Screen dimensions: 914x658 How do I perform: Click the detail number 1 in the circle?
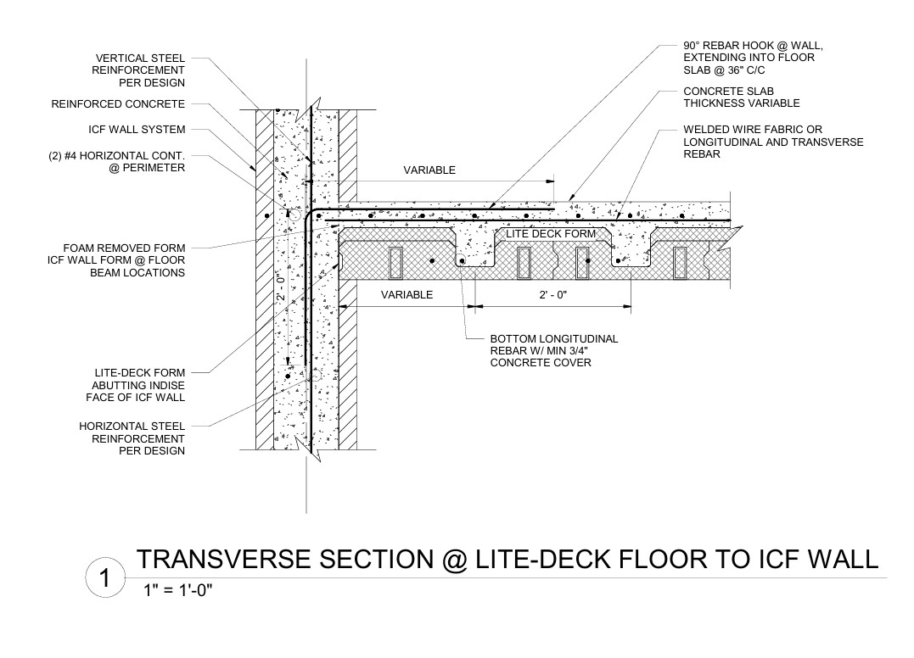point(105,578)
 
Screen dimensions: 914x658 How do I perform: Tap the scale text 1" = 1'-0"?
point(177,591)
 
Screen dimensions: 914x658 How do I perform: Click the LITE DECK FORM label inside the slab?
point(551,234)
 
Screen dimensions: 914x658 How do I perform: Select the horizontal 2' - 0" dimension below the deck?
point(553,295)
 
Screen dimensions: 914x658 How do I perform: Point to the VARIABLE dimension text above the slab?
point(429,170)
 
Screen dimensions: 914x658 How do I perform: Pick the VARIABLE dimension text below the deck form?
point(407,294)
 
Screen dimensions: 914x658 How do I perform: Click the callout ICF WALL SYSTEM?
point(137,129)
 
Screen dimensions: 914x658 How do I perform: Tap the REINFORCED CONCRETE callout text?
point(118,104)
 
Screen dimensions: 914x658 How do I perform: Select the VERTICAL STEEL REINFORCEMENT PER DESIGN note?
point(138,70)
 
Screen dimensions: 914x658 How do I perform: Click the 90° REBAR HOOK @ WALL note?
point(753,58)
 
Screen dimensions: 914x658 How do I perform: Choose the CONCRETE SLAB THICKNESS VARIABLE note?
point(742,98)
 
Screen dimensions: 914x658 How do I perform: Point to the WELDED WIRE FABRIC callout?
point(773,142)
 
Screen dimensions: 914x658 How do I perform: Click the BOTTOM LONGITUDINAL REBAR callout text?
point(554,350)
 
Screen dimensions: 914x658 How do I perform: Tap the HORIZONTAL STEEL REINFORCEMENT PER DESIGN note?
point(132,438)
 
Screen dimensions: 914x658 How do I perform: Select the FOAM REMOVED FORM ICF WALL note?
point(116,260)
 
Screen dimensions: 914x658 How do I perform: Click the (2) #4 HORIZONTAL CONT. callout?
point(116,161)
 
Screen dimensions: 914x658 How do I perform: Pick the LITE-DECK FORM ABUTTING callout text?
point(135,385)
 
